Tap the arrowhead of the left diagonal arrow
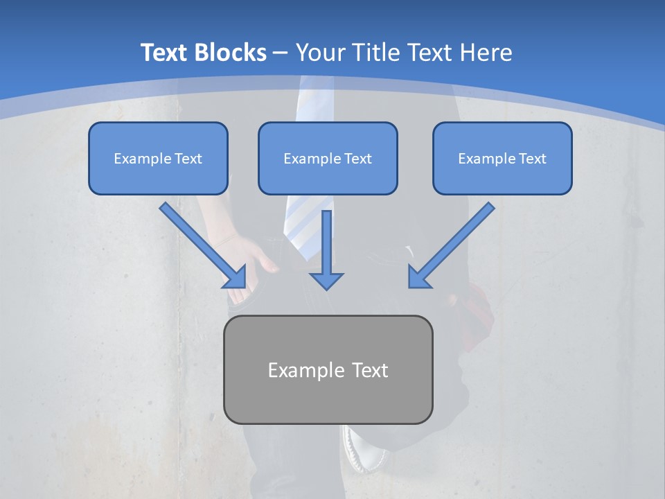[236, 277]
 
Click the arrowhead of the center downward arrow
[326, 281]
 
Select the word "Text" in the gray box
[371, 370]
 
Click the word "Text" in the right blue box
[532, 159]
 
